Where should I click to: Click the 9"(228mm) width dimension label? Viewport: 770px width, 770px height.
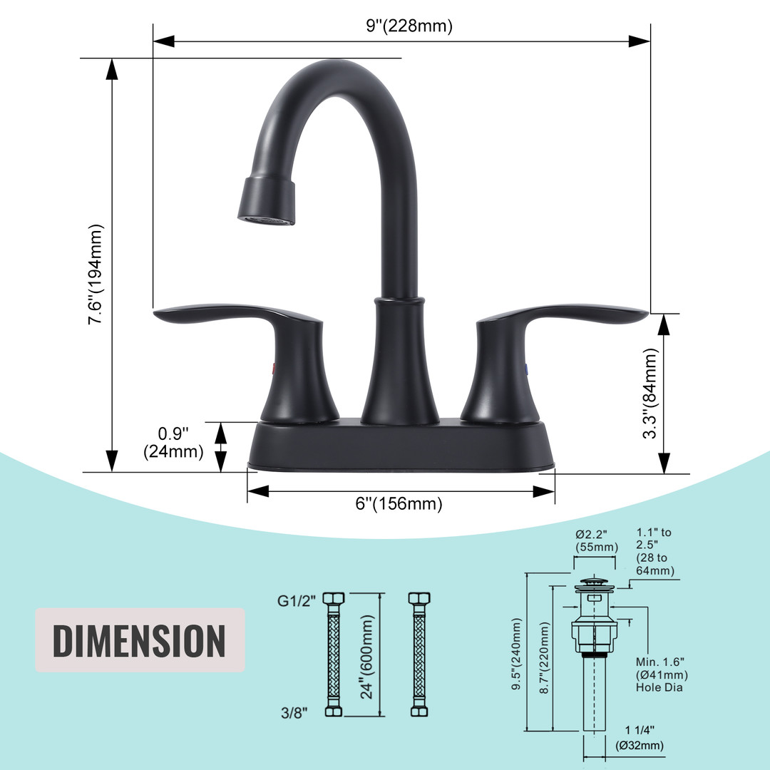(x=409, y=26)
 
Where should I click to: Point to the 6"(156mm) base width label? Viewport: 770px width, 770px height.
(x=399, y=504)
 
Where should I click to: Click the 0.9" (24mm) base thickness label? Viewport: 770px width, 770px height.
(x=173, y=443)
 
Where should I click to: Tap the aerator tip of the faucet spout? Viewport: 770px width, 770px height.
(x=266, y=220)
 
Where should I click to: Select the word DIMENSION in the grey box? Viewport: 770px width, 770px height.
(x=140, y=640)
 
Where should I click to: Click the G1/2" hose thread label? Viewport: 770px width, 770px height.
(x=296, y=600)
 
